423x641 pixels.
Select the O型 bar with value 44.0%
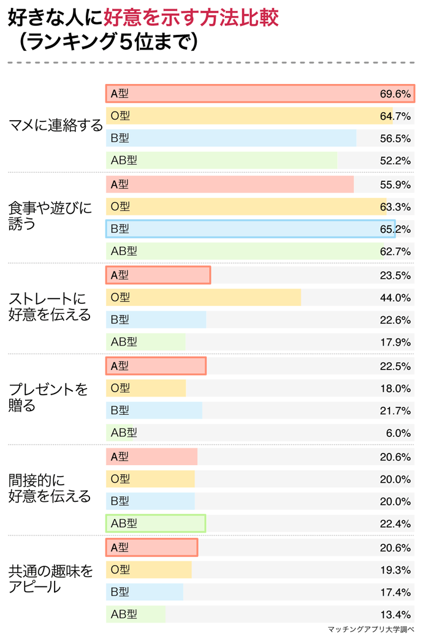(204, 297)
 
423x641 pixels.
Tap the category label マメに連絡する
(55, 126)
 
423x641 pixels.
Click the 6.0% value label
(398, 433)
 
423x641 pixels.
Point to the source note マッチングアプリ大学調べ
(371, 630)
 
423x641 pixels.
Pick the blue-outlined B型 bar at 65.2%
(250, 229)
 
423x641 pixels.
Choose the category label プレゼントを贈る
(48, 397)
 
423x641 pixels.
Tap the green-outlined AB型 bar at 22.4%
(155, 523)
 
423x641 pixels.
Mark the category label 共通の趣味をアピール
(50, 578)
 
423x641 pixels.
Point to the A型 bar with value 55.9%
(230, 184)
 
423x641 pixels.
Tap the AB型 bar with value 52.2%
(221, 161)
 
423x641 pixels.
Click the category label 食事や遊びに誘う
(49, 216)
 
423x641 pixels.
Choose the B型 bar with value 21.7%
(154, 410)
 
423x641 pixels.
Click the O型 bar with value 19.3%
(149, 570)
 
